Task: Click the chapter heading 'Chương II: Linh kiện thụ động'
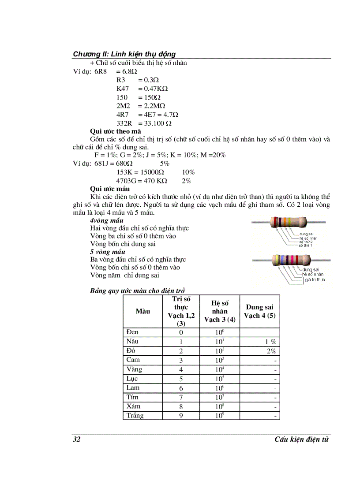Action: point(124,54)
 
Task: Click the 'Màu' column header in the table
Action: point(142,311)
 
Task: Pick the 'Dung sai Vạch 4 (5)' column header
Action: point(259,311)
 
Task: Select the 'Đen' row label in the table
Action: point(132,332)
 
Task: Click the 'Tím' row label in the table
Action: point(132,397)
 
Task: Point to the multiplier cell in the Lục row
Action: point(220,379)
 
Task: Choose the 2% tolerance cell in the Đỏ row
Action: point(271,351)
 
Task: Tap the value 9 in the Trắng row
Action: point(181,416)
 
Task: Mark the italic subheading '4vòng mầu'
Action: point(106,220)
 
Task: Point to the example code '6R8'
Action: point(101,71)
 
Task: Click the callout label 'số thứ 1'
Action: point(308,245)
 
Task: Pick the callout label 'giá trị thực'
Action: point(315,280)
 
